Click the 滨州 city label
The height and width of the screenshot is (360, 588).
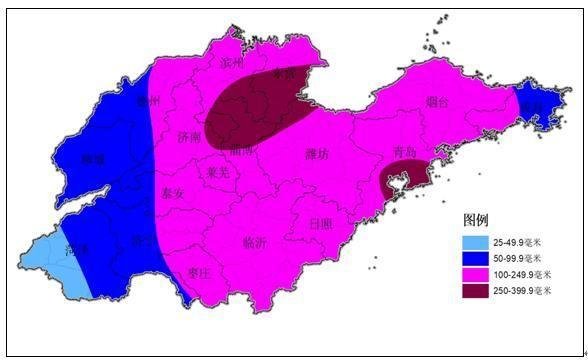click(x=232, y=62)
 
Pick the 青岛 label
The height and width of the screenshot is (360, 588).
click(x=404, y=153)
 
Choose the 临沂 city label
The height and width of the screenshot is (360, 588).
click(x=255, y=242)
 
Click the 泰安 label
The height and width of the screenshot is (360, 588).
click(x=172, y=194)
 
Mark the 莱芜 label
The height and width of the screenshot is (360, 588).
click(x=218, y=172)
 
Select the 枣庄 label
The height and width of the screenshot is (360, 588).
click(x=199, y=272)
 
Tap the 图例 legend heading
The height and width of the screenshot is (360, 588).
click(x=475, y=219)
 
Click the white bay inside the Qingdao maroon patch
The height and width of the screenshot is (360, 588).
click(x=397, y=184)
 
